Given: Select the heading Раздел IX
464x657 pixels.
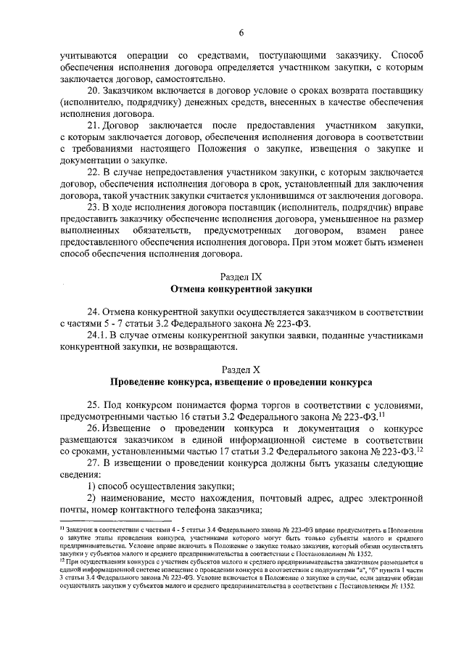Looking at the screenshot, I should coord(241,277).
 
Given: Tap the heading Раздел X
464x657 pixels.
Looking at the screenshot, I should coord(241,369).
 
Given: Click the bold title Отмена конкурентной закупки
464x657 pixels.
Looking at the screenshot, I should coord(241,288).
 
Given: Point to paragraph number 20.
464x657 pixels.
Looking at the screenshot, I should coord(95,91).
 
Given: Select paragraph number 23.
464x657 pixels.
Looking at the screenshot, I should coord(95,207).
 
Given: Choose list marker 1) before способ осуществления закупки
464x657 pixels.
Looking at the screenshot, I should coord(92,486).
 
